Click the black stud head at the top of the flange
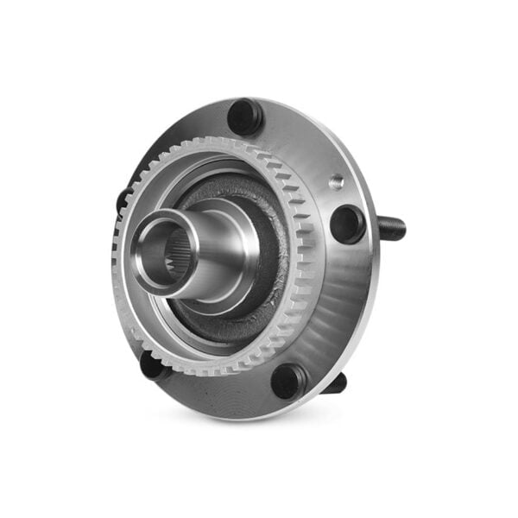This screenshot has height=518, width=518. coord(245,116)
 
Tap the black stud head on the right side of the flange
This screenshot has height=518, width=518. coord(347,224)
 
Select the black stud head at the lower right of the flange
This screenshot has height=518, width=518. coord(288,380)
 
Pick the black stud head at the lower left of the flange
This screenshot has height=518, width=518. coord(152,366)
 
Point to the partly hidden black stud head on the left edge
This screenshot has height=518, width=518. coord(123,200)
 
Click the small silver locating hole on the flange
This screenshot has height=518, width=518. coord(336,181)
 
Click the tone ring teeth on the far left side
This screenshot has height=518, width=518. coord(116,259)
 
